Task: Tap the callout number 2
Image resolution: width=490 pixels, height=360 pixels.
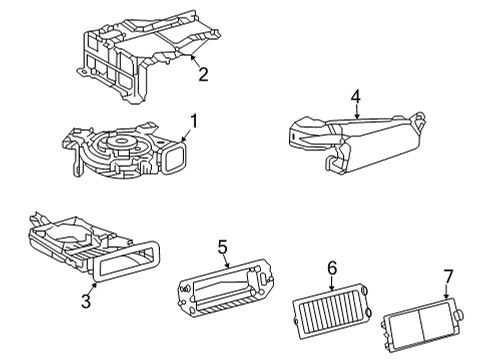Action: click(x=203, y=74)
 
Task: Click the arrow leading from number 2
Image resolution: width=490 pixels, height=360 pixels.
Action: click(x=193, y=62)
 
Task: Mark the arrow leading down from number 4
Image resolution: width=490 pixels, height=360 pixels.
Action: click(x=353, y=113)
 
